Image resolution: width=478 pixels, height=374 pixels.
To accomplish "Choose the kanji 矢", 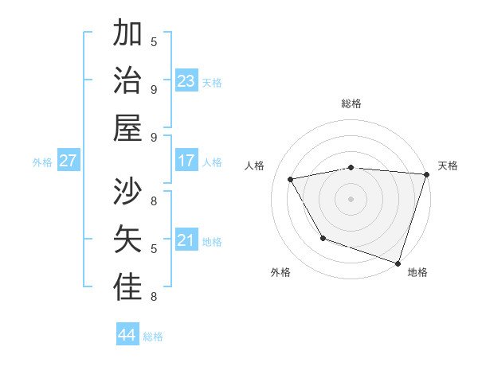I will coord(127,240).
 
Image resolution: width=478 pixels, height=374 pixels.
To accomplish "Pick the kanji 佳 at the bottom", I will coord(127,287).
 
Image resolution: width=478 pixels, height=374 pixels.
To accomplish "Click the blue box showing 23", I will coord(186,81).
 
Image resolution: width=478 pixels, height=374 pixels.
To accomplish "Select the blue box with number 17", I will coord(186,161).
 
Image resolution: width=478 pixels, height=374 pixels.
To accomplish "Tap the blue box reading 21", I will coord(186,240).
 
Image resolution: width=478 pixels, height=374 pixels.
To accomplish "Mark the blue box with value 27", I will coord(68,161).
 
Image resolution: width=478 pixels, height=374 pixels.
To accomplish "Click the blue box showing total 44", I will coord(127,335).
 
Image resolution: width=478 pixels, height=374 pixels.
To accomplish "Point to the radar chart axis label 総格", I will coord(351,103).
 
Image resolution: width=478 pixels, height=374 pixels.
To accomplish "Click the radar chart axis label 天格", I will coord(448,166).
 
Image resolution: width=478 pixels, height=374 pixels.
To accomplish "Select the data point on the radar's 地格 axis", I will coord(398,263).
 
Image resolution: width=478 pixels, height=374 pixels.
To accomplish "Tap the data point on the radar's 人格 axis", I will coord(291,179).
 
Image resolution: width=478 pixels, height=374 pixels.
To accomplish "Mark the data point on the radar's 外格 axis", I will coord(323,238).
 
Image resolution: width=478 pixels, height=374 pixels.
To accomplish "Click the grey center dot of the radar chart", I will coord(351,198).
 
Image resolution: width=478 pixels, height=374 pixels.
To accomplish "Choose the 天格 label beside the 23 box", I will coord(211,83).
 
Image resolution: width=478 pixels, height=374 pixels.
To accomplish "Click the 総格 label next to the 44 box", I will coord(153,337).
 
